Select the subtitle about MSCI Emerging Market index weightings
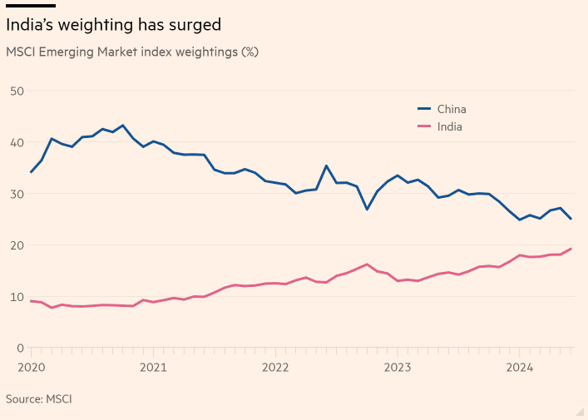pos(132,52)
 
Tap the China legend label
pos(452,109)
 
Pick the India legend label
pos(450,127)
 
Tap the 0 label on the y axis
pos(20,348)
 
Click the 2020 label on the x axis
pos(31,367)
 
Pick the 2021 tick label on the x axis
pos(153,367)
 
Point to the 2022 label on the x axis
pos(275,367)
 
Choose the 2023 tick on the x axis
pos(398,367)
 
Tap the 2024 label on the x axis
pos(520,367)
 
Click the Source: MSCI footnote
pos(39,399)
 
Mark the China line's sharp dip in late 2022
pos(367,209)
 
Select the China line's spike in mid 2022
pos(327,166)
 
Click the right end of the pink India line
pos(571,249)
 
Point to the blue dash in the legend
pos(423,109)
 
